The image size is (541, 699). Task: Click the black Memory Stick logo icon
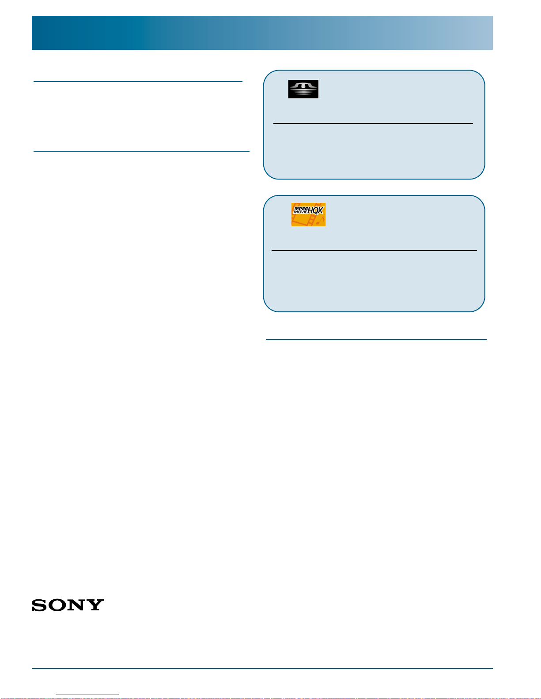(x=303, y=89)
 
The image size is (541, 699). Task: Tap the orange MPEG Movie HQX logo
(x=308, y=215)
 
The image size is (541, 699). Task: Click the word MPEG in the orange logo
(x=300, y=209)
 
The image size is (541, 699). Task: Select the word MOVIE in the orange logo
(x=300, y=212)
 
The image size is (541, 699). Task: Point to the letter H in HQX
(x=310, y=211)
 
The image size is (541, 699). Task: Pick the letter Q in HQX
(x=315, y=211)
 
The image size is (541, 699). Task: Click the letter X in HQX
(x=320, y=211)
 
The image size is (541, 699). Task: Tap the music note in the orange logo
(x=320, y=221)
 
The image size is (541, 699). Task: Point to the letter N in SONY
(x=77, y=606)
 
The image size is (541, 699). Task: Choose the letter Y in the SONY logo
(x=95, y=606)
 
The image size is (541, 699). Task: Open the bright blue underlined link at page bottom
(x=87, y=695)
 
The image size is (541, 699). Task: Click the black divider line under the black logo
(x=373, y=123)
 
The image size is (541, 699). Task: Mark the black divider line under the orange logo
(x=374, y=250)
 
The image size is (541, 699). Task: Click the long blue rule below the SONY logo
(x=262, y=669)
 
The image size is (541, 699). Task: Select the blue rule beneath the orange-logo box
(x=376, y=340)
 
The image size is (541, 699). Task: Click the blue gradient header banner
(x=262, y=33)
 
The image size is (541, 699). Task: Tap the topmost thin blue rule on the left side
(x=138, y=82)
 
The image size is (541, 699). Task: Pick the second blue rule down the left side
(x=141, y=151)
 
